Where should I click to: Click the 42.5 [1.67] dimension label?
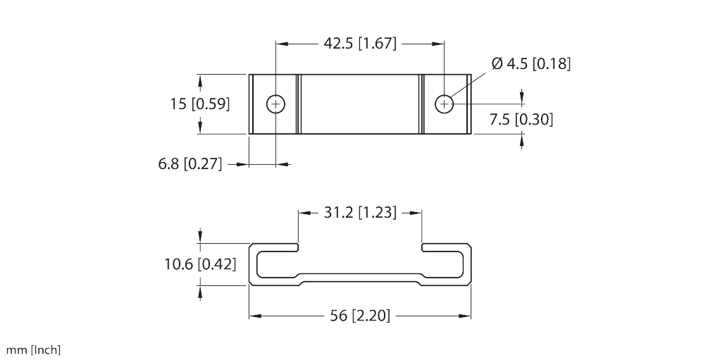tap(360, 44)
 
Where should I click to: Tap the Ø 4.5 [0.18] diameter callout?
tap(530, 64)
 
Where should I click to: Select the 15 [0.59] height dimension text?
tap(200, 104)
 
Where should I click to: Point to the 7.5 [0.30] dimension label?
tap(521, 120)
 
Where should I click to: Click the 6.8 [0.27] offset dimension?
tap(190, 164)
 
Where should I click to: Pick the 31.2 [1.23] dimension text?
tap(359, 212)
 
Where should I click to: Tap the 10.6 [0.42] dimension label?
tap(200, 265)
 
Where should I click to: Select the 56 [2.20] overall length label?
tap(359, 316)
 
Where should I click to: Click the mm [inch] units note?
tap(33, 349)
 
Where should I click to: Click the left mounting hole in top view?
tap(276, 104)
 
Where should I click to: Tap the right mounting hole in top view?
tap(444, 104)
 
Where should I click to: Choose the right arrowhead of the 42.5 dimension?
tap(440, 44)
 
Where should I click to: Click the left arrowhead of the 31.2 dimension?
tap(303, 212)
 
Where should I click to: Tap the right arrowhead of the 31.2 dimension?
tap(418, 212)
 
